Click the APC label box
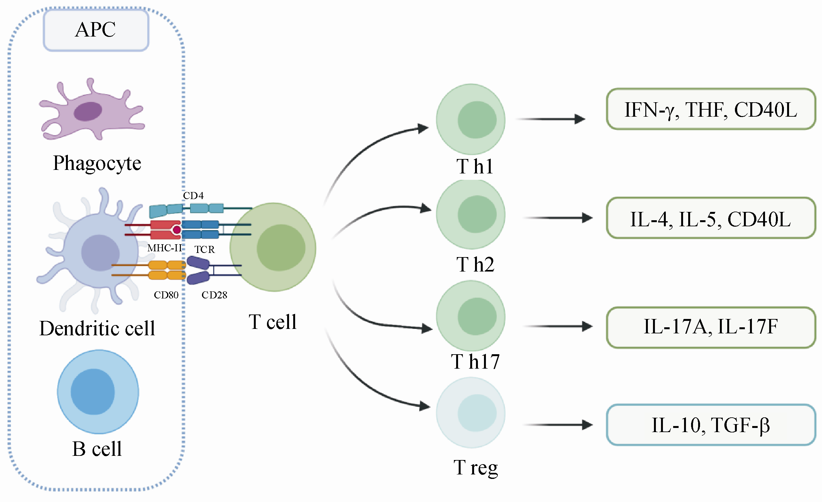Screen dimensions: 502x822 (96, 30)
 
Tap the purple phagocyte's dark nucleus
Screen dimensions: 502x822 (88, 111)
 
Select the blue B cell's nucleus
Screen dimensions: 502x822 (93, 391)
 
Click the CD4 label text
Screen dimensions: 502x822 (193, 196)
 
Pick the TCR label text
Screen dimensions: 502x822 (205, 249)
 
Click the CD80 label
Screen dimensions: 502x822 (166, 295)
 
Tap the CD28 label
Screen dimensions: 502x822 (214, 295)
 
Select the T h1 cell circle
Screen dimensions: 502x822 (471, 119)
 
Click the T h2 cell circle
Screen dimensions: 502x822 (471, 214)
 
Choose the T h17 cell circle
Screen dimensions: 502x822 (471, 316)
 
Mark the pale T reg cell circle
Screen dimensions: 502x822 (471, 413)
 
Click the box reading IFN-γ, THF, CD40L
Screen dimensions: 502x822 (711, 109)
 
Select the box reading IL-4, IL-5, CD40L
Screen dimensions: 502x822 (711, 218)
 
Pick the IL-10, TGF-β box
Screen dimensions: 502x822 (711, 425)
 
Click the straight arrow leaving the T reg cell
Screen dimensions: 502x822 (557, 425)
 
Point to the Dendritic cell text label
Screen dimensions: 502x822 (97, 328)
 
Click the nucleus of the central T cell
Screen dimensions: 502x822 (281, 247)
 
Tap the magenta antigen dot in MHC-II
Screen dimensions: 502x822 (177, 230)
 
